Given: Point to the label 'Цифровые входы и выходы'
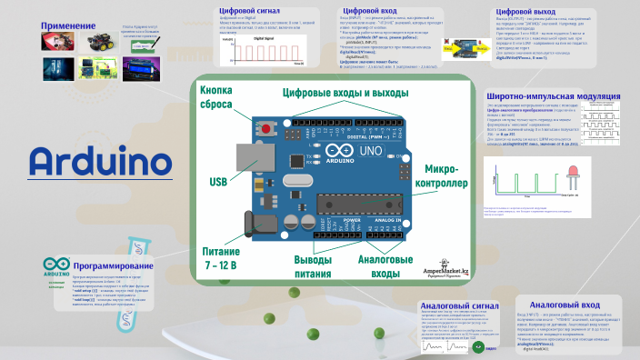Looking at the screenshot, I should (341, 93).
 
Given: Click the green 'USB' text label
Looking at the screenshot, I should (218, 183).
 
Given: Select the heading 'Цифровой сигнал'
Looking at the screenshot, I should (248, 13).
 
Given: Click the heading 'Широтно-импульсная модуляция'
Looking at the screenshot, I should (554, 95).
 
